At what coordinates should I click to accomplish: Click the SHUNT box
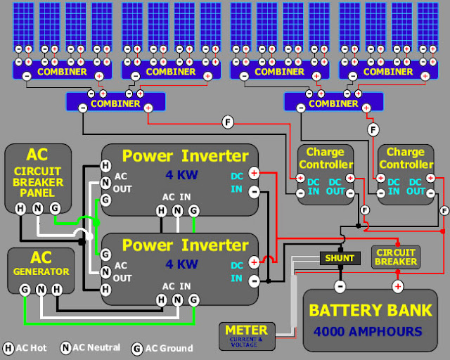pos(340,258)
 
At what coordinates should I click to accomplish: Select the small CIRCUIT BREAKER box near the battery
pos(395,257)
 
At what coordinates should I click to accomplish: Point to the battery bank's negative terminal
pos(340,286)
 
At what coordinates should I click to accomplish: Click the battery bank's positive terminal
pos(397,286)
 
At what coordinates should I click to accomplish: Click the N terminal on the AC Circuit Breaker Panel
pos(37,207)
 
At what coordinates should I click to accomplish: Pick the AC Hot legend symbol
pos(8,348)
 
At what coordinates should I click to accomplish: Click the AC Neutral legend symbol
pos(65,347)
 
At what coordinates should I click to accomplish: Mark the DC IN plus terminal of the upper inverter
pos(254,172)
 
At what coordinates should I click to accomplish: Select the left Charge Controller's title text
pos(325,158)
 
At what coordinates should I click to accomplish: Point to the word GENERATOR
pos(40,271)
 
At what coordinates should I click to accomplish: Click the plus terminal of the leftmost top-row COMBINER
pos(99,76)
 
